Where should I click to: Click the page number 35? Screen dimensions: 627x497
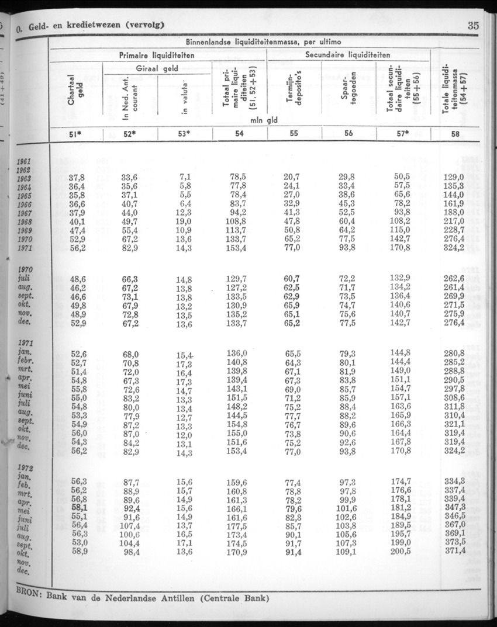(x=473, y=25)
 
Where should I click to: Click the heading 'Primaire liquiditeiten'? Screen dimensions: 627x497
(x=157, y=55)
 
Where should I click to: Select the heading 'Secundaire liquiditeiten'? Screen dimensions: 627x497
(x=348, y=55)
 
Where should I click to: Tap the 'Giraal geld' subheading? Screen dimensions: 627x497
(x=157, y=68)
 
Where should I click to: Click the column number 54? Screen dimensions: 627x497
(x=239, y=133)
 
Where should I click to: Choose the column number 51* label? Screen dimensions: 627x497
(x=76, y=134)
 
